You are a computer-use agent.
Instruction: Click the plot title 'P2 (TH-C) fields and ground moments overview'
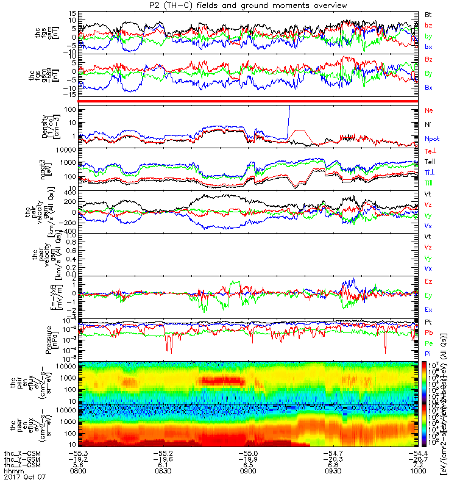(x=230, y=5)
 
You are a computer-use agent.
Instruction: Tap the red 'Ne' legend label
(x=428, y=111)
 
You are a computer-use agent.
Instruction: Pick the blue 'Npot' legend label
(x=431, y=138)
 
